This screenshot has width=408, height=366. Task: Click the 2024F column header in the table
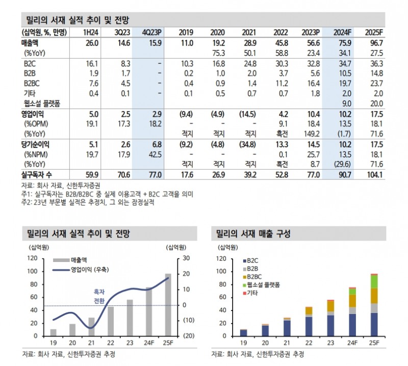tap(341, 33)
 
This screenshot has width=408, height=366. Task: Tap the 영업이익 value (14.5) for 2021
tap(247, 114)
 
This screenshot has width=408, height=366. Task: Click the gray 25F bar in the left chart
tap(168, 305)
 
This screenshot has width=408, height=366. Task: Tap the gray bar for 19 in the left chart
tap(54, 332)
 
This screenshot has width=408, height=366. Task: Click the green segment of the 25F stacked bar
tap(374, 281)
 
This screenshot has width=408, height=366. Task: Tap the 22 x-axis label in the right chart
tap(309, 343)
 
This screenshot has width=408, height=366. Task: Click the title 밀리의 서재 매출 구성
tap(253, 234)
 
